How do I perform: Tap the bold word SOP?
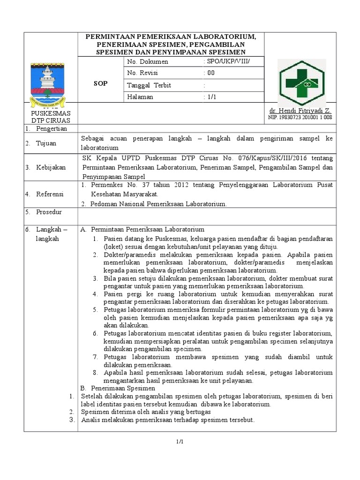click(x=101, y=83)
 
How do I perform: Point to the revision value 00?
click(x=211, y=73)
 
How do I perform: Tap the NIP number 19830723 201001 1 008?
click(x=307, y=117)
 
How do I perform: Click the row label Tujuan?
click(x=46, y=142)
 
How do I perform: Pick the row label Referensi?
click(x=51, y=194)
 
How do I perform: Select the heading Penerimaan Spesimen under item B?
click(x=123, y=388)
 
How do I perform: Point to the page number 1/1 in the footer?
click(x=180, y=442)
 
